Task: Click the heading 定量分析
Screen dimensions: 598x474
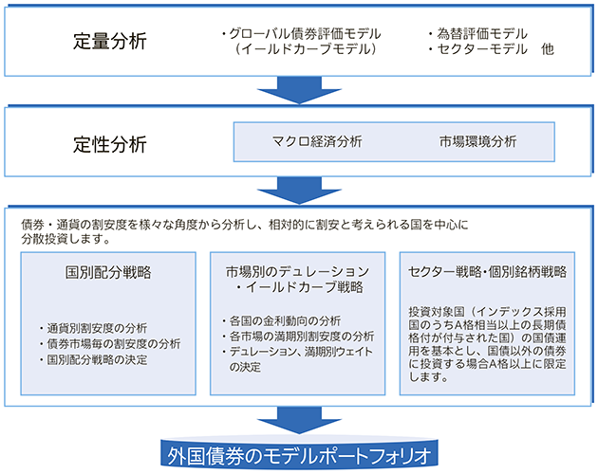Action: tap(110, 41)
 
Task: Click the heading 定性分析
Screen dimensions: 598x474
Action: tap(110, 144)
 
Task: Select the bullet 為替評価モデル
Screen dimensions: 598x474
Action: tap(477, 34)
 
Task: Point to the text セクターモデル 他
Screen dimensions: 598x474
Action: tap(492, 49)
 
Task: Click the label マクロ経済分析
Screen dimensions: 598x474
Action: tap(317, 141)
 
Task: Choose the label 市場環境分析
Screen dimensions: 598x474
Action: tap(477, 141)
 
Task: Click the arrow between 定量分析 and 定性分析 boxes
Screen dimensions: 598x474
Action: tap(299, 90)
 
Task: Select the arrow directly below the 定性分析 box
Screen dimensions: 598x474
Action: tap(299, 191)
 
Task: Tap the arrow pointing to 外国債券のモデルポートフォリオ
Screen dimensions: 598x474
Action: tap(299, 420)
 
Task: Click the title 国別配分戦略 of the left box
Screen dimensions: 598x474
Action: tap(108, 272)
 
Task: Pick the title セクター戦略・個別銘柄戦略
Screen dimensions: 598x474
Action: tap(487, 272)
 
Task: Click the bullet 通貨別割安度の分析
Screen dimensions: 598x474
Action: tap(93, 328)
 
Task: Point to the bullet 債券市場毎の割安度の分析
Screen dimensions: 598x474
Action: tap(110, 344)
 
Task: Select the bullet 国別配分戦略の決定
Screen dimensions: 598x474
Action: tap(93, 359)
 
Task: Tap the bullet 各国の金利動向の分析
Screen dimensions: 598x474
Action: tap(282, 320)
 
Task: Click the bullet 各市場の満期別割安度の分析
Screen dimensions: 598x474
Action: tap(298, 337)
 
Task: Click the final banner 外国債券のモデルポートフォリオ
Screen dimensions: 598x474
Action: tap(299, 456)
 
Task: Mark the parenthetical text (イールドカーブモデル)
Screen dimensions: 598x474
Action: tap(306, 49)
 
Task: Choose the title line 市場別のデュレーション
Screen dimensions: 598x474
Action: tap(297, 272)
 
